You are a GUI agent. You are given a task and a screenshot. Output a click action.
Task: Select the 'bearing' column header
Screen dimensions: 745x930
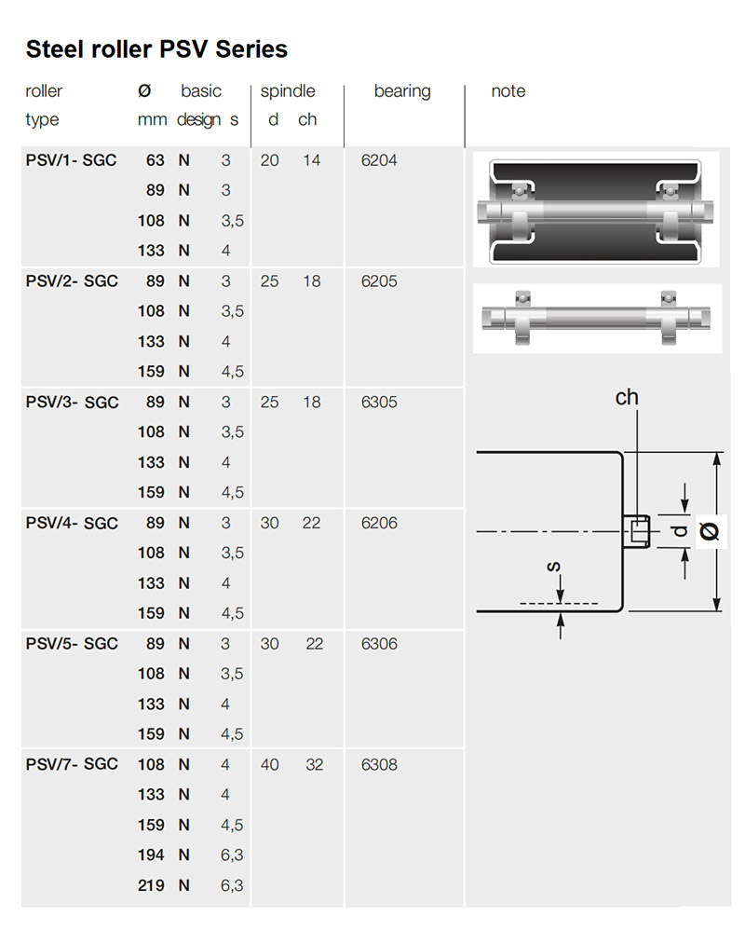click(x=402, y=91)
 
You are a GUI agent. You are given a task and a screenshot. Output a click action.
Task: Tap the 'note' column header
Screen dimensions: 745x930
click(x=508, y=90)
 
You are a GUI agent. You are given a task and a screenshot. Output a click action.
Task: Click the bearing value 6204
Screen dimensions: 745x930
click(x=379, y=160)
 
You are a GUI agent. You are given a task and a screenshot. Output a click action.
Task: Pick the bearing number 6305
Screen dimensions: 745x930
click(x=379, y=403)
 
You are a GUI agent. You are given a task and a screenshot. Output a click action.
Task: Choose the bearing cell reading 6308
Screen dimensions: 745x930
click(x=379, y=764)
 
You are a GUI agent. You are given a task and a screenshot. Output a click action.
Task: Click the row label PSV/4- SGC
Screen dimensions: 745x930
click(x=72, y=523)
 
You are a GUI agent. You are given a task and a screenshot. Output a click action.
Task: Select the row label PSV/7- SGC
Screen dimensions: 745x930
click(x=72, y=764)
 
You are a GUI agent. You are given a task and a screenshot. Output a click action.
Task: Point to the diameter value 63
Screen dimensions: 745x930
click(x=156, y=160)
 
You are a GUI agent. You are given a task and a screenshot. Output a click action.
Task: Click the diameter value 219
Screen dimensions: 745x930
click(x=151, y=885)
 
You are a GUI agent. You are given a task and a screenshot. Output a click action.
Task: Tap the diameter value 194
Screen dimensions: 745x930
click(x=151, y=855)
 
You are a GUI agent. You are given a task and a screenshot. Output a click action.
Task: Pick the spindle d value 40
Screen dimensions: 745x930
click(x=270, y=764)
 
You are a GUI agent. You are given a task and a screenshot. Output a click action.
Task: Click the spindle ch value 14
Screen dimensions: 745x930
click(x=312, y=160)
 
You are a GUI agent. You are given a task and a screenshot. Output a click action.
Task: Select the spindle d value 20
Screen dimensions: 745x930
click(x=270, y=160)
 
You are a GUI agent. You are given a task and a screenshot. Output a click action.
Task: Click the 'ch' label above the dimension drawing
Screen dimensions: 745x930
click(x=627, y=397)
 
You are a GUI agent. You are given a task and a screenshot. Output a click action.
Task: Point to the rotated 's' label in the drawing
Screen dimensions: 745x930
click(x=553, y=567)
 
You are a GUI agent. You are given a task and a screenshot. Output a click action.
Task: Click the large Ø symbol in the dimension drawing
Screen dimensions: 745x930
click(x=710, y=531)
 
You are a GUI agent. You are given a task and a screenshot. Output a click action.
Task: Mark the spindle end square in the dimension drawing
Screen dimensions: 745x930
click(x=638, y=531)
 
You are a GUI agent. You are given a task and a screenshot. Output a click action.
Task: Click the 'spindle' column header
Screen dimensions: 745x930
click(x=288, y=91)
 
